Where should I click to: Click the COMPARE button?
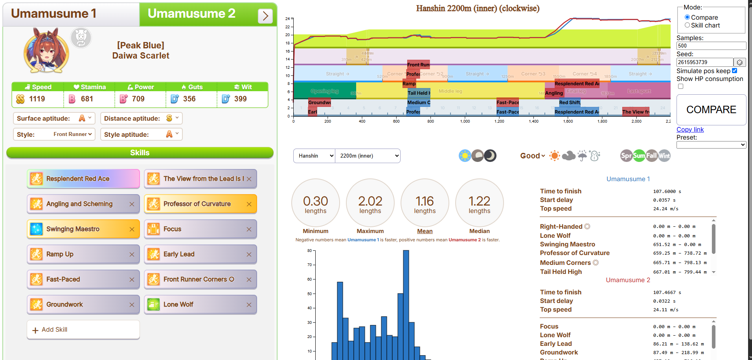point(711,110)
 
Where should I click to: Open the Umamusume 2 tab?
point(191,14)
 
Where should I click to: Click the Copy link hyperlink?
point(690,129)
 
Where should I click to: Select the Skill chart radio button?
point(687,25)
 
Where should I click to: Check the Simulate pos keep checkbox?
point(734,71)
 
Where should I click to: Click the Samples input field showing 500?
point(711,46)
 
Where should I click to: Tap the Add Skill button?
point(83,330)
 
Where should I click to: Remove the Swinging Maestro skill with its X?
point(132,229)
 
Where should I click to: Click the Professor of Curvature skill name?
point(197,204)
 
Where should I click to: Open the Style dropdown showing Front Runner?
point(73,134)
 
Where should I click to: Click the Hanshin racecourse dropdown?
point(314,156)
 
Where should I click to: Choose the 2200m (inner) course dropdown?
point(368,156)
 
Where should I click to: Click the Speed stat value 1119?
point(37,99)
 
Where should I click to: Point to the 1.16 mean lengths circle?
point(425,203)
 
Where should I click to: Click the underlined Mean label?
point(425,231)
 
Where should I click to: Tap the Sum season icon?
point(639,156)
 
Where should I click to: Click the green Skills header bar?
point(140,153)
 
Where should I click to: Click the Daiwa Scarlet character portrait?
point(46,50)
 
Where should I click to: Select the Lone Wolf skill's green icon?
point(153,305)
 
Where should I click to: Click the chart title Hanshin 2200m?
point(478,8)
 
